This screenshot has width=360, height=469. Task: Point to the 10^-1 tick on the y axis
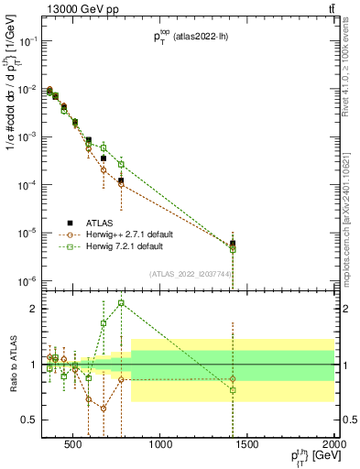pyautogui.click(x=29, y=41)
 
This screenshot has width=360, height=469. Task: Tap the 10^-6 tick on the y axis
pyautogui.click(x=29, y=280)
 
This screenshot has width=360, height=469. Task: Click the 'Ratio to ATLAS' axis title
pyautogui.click(x=10, y=365)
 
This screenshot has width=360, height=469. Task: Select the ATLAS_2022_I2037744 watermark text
pyautogui.click(x=191, y=274)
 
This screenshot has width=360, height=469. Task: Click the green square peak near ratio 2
pyautogui.click(x=121, y=303)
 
